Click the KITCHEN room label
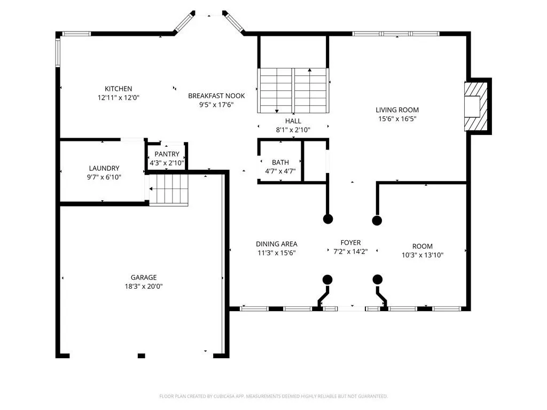tap(118, 89)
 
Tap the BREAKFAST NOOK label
tap(216, 96)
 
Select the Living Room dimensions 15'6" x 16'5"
tap(397, 119)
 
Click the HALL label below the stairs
tap(293, 121)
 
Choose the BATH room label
tap(280, 162)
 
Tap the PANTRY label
tap(167, 154)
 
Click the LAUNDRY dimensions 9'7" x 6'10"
tap(104, 177)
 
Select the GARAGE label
tap(144, 278)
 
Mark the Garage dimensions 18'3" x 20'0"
tap(144, 287)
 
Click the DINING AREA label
tap(277, 244)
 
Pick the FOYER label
tap(350, 243)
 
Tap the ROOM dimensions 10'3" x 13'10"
tap(423, 255)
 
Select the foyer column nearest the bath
tap(328, 219)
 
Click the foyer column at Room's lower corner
tap(378, 279)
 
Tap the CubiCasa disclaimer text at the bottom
tap(273, 396)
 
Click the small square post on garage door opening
tap(141, 356)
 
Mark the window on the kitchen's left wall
tap(58, 52)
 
